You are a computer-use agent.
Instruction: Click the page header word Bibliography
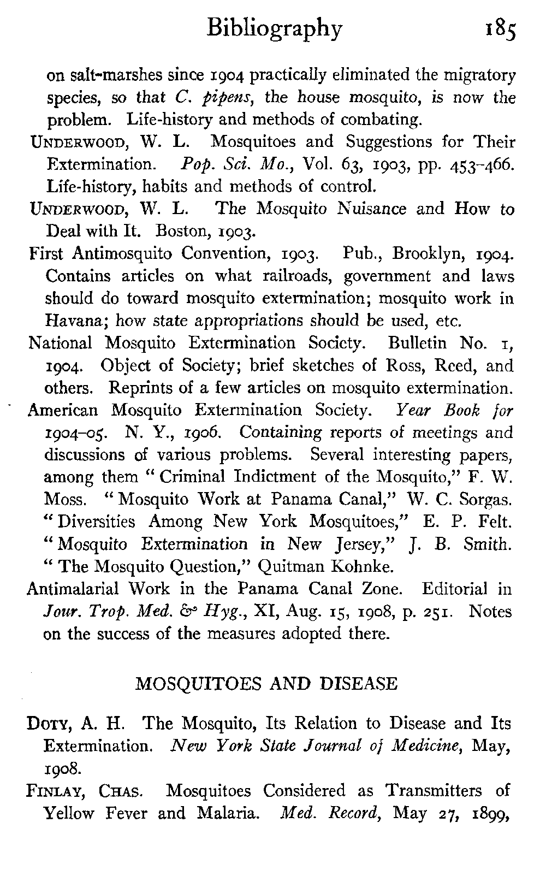[275, 28]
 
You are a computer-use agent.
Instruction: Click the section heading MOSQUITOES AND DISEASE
[266, 684]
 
